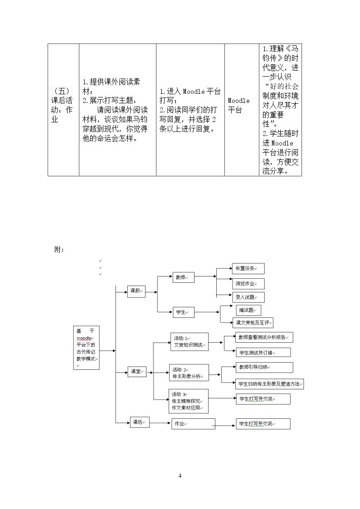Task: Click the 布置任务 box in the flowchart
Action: tap(248, 269)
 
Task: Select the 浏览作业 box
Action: tap(248, 284)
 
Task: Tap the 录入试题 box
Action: tap(248, 297)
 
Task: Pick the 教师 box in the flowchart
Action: tap(183, 277)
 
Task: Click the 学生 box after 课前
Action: tap(183, 312)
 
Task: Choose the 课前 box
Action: tap(136, 291)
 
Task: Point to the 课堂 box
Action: tap(137, 372)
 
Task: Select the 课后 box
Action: tap(140, 422)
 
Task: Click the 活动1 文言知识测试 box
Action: tap(190, 342)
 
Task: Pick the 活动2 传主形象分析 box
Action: tap(189, 373)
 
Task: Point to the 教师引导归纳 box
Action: tap(265, 367)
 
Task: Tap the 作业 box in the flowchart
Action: tap(193, 424)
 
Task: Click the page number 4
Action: tap(180, 476)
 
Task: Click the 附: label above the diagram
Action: tap(59, 250)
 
